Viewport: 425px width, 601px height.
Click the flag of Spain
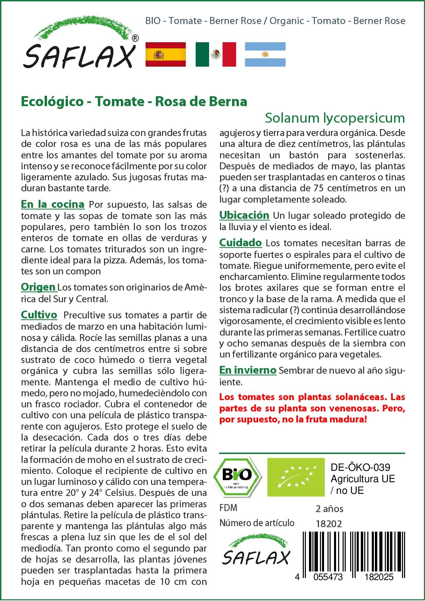165,54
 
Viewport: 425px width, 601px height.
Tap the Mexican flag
216,54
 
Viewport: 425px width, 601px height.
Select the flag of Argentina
265,54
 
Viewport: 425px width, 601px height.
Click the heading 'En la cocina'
53,204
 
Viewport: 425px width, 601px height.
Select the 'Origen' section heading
38,287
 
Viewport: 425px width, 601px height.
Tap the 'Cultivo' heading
39,315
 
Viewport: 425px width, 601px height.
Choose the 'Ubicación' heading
244,215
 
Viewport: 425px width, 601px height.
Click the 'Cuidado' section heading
240,243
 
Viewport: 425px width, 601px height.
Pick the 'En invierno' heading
248,370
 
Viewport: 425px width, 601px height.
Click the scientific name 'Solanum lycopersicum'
335,118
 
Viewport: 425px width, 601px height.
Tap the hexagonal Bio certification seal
237,477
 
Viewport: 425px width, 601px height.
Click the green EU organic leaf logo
296,477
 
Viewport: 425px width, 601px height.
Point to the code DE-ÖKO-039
360,467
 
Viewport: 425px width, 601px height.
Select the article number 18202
329,524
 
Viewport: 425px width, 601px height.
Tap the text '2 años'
329,509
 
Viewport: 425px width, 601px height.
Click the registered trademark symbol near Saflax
135,38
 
